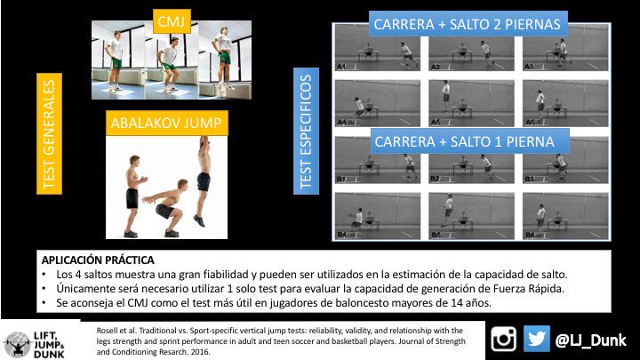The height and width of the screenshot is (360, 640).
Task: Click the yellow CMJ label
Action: click(x=172, y=20)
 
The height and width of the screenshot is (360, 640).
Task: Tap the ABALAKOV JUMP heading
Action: click(x=166, y=123)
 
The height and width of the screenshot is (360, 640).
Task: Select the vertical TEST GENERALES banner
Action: click(x=50, y=133)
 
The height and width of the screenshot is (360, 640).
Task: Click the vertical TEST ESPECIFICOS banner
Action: click(x=306, y=131)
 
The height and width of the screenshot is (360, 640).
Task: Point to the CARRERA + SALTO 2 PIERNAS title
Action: click(x=468, y=24)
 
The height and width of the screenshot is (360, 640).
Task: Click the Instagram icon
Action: click(x=503, y=339)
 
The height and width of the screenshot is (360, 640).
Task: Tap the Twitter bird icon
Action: click(x=536, y=339)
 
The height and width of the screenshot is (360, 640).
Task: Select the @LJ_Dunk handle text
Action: click(x=590, y=340)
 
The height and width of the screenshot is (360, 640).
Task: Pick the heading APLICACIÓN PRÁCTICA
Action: click(x=98, y=260)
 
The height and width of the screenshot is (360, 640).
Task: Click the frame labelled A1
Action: click(x=378, y=48)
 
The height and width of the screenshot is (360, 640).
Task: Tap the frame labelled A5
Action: click(x=471, y=103)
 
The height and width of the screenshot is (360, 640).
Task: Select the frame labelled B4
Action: click(x=378, y=216)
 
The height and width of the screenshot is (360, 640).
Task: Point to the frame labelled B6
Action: click(x=565, y=216)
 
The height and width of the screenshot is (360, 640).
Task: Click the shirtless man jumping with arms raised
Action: click(x=203, y=181)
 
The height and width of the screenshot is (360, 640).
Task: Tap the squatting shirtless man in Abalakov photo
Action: click(x=166, y=208)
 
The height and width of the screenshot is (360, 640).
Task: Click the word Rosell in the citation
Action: click(x=106, y=331)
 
